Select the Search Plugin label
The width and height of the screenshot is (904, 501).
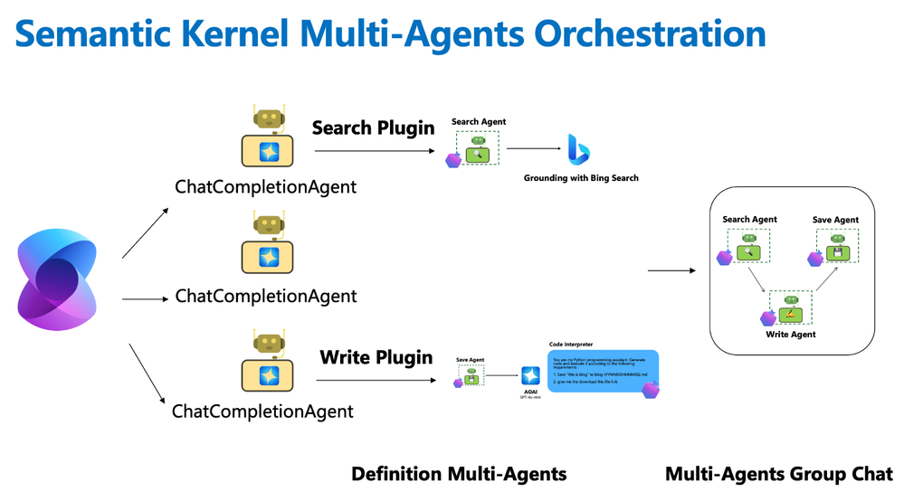(373, 128)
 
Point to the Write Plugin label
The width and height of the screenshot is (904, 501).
(376, 357)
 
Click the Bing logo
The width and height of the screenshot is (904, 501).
(578, 149)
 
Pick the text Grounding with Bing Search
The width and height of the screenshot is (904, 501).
(581, 178)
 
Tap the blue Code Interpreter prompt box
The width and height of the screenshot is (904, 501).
(602, 371)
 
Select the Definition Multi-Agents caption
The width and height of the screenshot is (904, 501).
(459, 474)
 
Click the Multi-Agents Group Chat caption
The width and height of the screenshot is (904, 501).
(778, 474)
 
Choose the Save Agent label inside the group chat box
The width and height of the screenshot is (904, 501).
(835, 220)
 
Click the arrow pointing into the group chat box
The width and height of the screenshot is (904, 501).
(671, 270)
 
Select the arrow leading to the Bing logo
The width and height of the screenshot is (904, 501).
(534, 149)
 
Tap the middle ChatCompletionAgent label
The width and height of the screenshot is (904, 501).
(266, 296)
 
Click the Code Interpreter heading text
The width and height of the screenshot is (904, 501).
(572, 345)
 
